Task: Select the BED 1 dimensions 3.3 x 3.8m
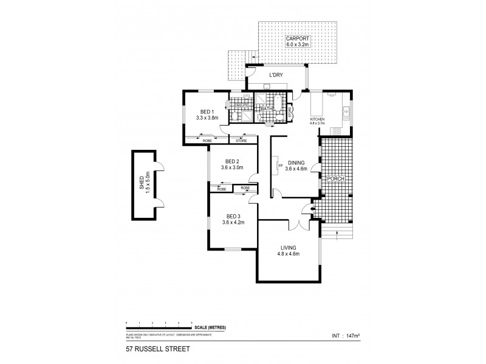tap(207, 118)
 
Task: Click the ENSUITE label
tap(242, 105)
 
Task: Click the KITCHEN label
tap(318, 119)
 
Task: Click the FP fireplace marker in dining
tap(279, 165)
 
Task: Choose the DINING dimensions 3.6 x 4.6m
tap(297, 169)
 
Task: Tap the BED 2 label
tap(232, 161)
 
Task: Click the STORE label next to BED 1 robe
tap(241, 141)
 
